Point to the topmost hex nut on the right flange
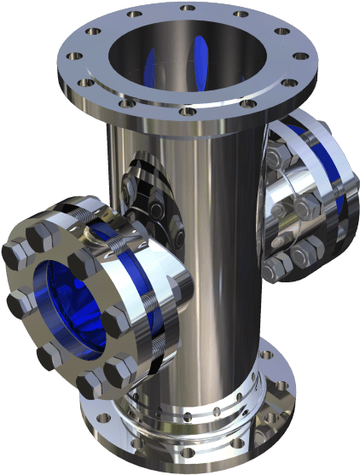(x=276, y=154)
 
